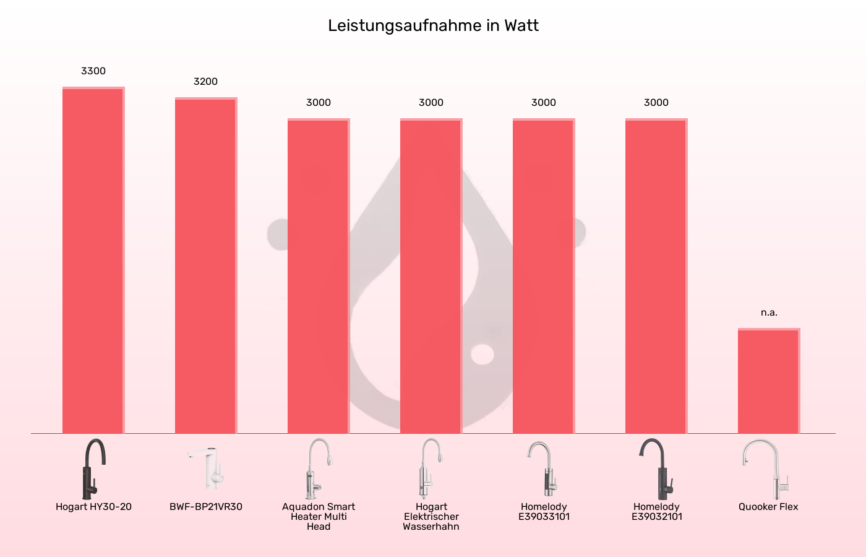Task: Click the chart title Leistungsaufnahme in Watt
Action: [433, 26]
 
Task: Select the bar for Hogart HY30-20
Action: [93, 260]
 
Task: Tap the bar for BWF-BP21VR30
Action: [206, 266]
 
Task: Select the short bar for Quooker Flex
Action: [769, 381]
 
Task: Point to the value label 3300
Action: [93, 71]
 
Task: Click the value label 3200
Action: [206, 82]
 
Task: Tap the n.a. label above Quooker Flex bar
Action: [769, 313]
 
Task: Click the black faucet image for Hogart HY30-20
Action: [93, 468]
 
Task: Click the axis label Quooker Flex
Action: [768, 507]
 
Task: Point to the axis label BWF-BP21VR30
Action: [206, 507]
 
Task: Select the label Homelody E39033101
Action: [544, 512]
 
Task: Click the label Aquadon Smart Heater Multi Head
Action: [319, 517]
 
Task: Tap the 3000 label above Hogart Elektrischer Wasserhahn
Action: [431, 103]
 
